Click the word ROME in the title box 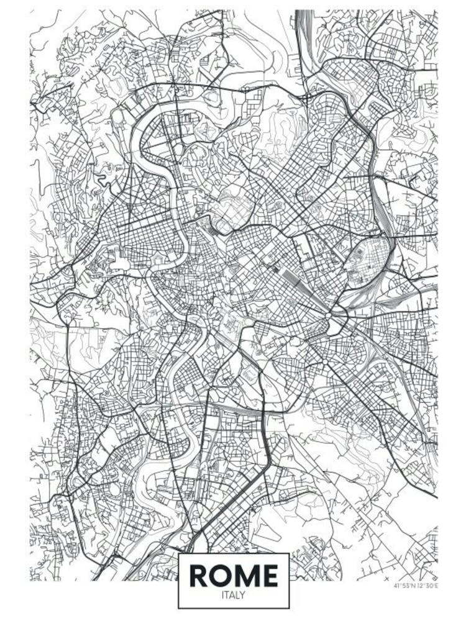[x=233, y=576]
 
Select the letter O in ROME [x=221, y=576]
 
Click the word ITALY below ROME [x=233, y=595]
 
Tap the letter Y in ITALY [x=244, y=595]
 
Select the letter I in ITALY [x=222, y=595]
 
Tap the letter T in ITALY [x=227, y=595]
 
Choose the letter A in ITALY [x=232, y=595]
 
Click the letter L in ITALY [x=238, y=595]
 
